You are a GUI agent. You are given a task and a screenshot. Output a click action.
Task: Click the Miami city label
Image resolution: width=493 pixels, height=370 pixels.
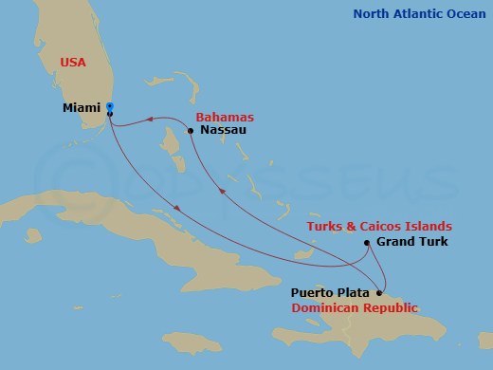point(82,110)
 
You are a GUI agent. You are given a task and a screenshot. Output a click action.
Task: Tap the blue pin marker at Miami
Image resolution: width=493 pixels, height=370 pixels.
point(110,106)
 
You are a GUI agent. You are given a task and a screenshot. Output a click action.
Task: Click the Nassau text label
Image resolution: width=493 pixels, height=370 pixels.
point(224,130)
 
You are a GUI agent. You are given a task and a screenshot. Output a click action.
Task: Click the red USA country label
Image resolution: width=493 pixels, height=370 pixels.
point(72,62)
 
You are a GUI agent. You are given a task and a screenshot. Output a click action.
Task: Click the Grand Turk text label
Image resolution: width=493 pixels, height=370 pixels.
point(411,243)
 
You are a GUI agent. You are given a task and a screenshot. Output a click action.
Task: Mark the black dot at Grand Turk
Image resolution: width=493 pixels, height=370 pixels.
point(367,244)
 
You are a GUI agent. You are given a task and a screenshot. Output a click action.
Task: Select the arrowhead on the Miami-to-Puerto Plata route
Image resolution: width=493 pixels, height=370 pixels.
point(177,209)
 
